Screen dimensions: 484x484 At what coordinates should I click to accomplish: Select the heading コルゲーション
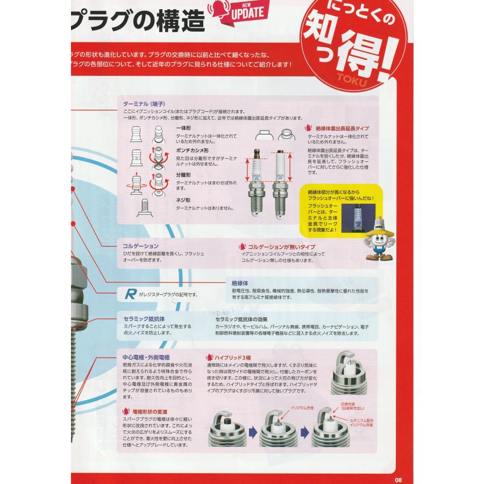(x=141, y=246)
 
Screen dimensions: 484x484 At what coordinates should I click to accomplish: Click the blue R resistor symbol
(x=130, y=294)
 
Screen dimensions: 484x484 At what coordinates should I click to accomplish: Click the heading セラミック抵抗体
(x=144, y=319)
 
